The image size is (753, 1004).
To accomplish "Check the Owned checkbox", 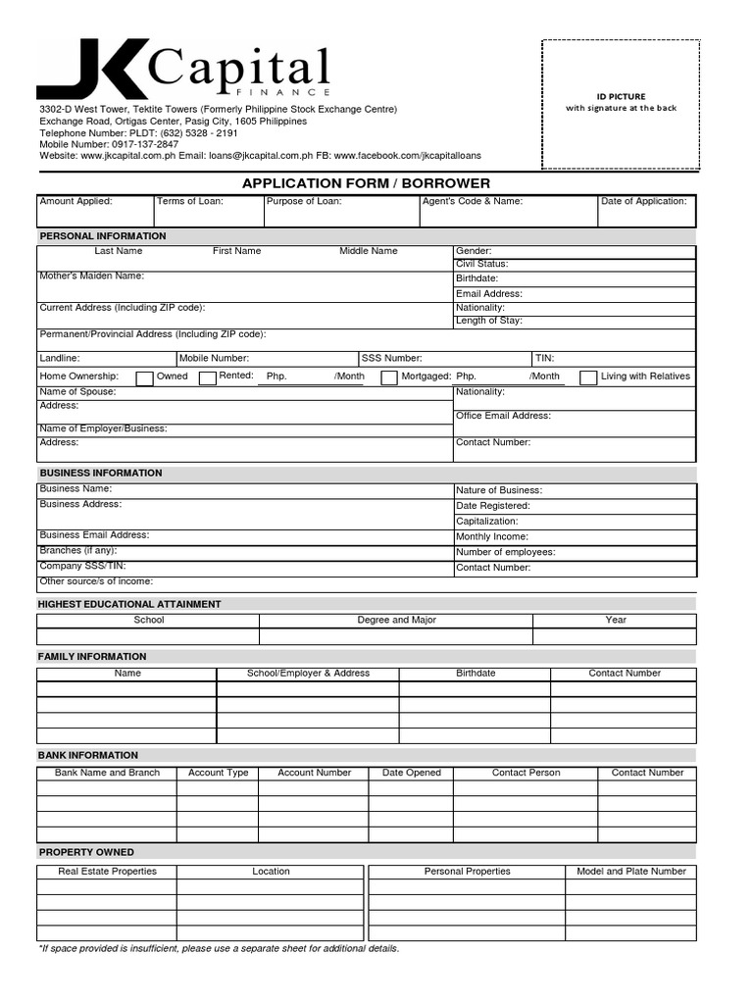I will tap(144, 378).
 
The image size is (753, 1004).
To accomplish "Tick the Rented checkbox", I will tap(207, 378).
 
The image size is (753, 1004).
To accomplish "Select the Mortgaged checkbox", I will tap(389, 378).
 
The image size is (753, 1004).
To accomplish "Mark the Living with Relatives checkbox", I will tap(588, 378).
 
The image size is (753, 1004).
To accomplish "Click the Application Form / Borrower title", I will tap(366, 183).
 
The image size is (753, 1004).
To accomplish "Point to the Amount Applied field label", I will tap(76, 201).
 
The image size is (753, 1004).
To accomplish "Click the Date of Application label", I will tap(643, 201).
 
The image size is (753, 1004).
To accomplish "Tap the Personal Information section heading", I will tap(103, 236).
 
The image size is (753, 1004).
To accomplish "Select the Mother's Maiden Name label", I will tap(91, 276).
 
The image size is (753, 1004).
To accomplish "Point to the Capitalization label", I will tap(486, 522).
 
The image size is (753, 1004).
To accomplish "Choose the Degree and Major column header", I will tap(396, 620).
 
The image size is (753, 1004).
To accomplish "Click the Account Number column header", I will tap(314, 773).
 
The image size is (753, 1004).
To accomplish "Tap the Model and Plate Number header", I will tap(631, 871).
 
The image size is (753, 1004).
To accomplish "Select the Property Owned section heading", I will tap(87, 852).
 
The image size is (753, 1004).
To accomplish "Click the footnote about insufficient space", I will tap(219, 949).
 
